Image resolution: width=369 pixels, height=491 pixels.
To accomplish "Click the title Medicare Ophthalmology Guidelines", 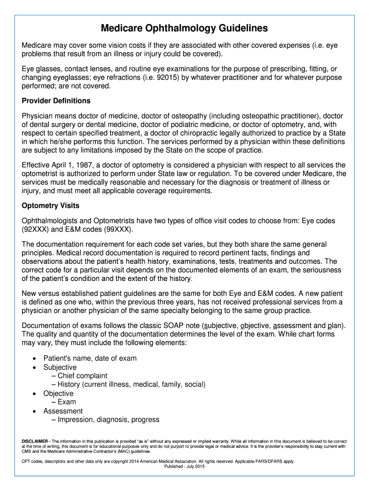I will tap(184, 28).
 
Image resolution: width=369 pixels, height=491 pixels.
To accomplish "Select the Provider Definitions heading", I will tap(56, 101).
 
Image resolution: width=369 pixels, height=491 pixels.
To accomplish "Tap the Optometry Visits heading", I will tap(51, 206).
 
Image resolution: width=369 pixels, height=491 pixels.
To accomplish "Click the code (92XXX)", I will tap(35, 229).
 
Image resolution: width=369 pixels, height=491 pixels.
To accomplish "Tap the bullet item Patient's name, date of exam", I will tap(90, 358).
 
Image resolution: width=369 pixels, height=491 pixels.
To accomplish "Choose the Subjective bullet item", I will tap(60, 367).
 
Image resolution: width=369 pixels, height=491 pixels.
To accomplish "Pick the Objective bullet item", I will tap(58, 393).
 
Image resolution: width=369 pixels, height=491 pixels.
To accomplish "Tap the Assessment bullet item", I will tap(63, 411).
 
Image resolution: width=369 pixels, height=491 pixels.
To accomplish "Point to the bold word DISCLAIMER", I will tap(35, 441).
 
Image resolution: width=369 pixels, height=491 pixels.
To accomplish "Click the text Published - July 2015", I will tap(184, 467).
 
